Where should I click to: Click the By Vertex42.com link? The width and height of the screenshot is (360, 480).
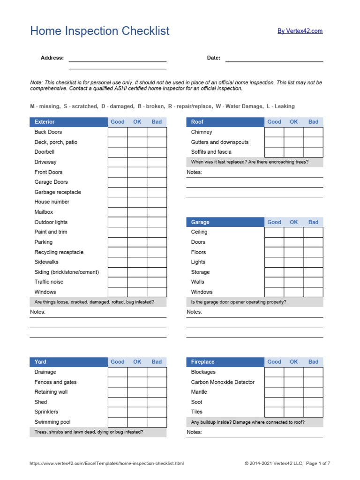pos(300,31)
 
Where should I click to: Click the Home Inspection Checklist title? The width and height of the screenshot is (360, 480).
pos(100,31)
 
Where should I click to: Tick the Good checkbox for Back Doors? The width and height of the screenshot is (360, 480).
pos(118,132)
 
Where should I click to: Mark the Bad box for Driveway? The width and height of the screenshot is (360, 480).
pos(157,162)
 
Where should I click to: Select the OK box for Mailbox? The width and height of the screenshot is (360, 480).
pos(137,212)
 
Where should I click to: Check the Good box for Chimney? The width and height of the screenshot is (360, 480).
pos(274,132)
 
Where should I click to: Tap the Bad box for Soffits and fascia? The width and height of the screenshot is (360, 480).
pos(313,152)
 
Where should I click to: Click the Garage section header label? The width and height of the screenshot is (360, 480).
pos(200,222)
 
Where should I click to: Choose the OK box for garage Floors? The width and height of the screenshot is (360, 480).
pos(293,252)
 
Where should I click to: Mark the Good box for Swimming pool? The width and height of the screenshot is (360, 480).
pos(118,422)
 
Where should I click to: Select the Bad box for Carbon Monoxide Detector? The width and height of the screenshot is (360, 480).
pos(313,382)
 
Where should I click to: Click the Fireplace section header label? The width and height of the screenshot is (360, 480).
pos(202,362)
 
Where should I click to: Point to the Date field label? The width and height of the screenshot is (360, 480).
pos(213,58)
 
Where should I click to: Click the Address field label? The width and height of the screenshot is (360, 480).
pos(52,58)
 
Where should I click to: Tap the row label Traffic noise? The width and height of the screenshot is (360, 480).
pos(49,282)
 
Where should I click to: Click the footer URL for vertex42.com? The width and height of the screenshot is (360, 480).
pos(107,464)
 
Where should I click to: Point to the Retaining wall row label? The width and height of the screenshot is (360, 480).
pos(51,392)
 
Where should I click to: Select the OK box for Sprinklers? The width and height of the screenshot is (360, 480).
pos(137,412)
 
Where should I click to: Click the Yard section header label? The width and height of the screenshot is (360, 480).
pos(40,362)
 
